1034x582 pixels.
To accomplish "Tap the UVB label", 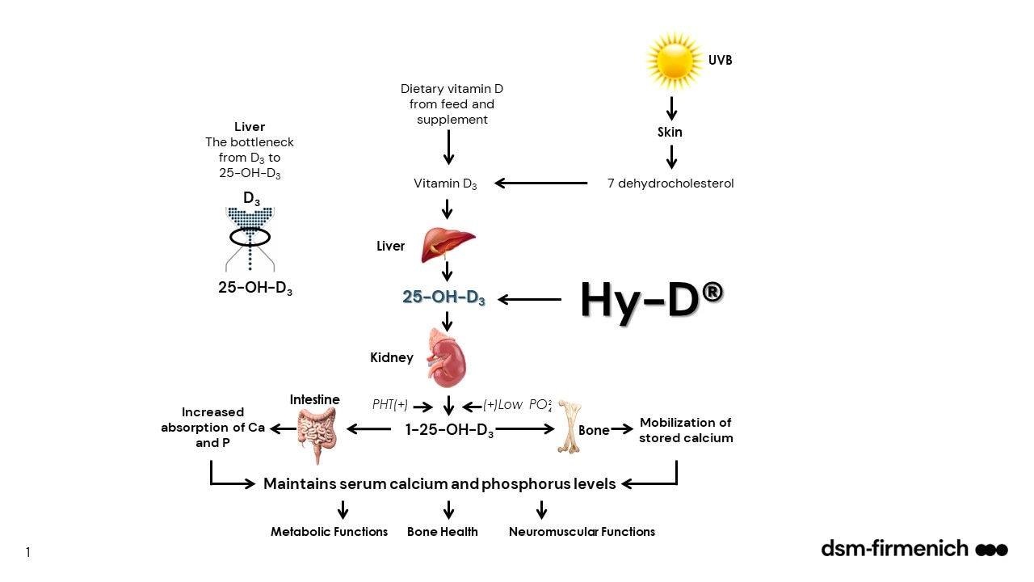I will pos(721,61).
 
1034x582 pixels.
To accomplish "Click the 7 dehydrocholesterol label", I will pos(670,183).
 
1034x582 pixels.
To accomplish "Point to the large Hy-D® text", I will pos(651,300).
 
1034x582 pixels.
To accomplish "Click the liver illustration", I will pos(448,245).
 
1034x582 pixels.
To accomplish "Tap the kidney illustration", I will pos(448,356).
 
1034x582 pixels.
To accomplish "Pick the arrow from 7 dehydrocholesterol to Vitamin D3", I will pos(540,183).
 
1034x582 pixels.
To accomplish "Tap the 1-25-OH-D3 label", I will pos(449,430).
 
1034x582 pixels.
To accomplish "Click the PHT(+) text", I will pos(390,405).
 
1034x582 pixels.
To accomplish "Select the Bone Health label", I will pos(443,532).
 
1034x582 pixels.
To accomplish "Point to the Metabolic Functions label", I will pos(329,532).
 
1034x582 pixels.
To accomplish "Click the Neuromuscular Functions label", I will pos(582,532).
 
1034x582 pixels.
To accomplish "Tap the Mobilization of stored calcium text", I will pos(687,430).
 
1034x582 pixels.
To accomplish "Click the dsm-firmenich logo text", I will pos(894,549).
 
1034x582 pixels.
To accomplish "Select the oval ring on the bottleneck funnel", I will pos(250,237).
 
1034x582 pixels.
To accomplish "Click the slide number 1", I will pos(27,553).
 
